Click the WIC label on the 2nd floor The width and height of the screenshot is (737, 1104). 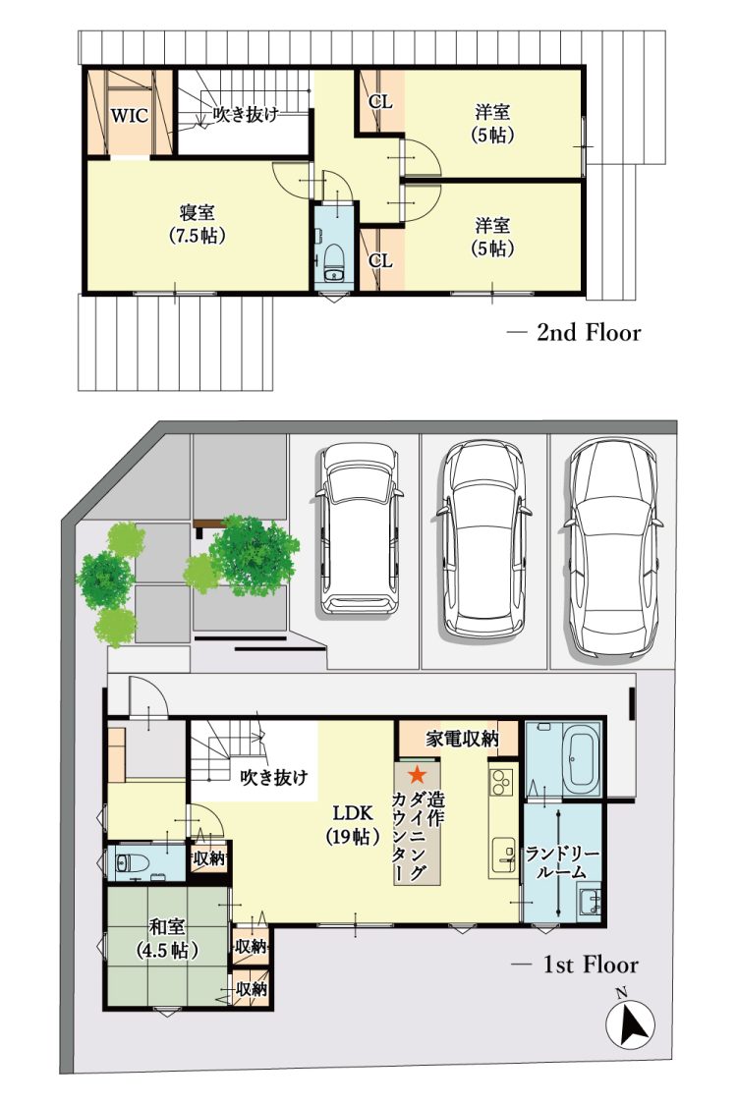tap(129, 115)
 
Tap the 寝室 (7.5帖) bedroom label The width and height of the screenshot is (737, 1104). tap(198, 224)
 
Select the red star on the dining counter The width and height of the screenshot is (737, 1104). tap(418, 774)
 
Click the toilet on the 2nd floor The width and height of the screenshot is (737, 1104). tap(332, 260)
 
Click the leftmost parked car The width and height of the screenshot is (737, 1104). tap(359, 529)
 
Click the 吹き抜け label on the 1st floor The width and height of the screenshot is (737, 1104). tap(274, 778)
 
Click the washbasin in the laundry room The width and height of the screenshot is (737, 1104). tap(590, 901)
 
